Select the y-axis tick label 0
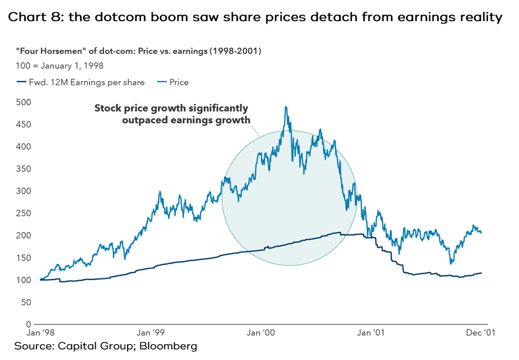click(27, 324)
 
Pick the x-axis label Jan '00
click(261, 333)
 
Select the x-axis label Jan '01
click(371, 333)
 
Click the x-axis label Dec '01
click(481, 333)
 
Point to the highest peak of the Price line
click(286, 107)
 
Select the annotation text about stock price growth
click(172, 114)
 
